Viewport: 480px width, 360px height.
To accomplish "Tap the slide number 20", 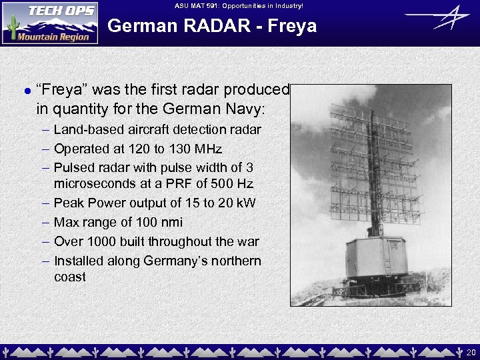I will point(471,353).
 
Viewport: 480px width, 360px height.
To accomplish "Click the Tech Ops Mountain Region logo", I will point(50,23).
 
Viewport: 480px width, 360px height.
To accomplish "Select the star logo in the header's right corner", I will point(437,18).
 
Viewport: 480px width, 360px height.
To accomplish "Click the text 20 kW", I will point(237,203).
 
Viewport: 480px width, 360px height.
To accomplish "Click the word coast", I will point(70,277).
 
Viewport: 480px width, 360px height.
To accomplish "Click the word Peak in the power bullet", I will point(69,203).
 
